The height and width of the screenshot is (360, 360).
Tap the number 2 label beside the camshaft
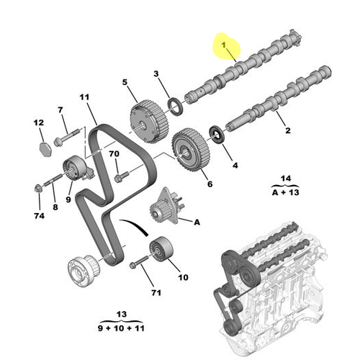(288, 131)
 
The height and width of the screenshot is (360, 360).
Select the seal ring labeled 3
(175, 107)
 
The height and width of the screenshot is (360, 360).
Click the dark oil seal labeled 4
(215, 133)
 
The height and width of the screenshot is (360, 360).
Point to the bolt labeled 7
(66, 135)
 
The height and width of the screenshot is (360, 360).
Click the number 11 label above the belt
(84, 96)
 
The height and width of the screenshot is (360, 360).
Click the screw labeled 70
(120, 174)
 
